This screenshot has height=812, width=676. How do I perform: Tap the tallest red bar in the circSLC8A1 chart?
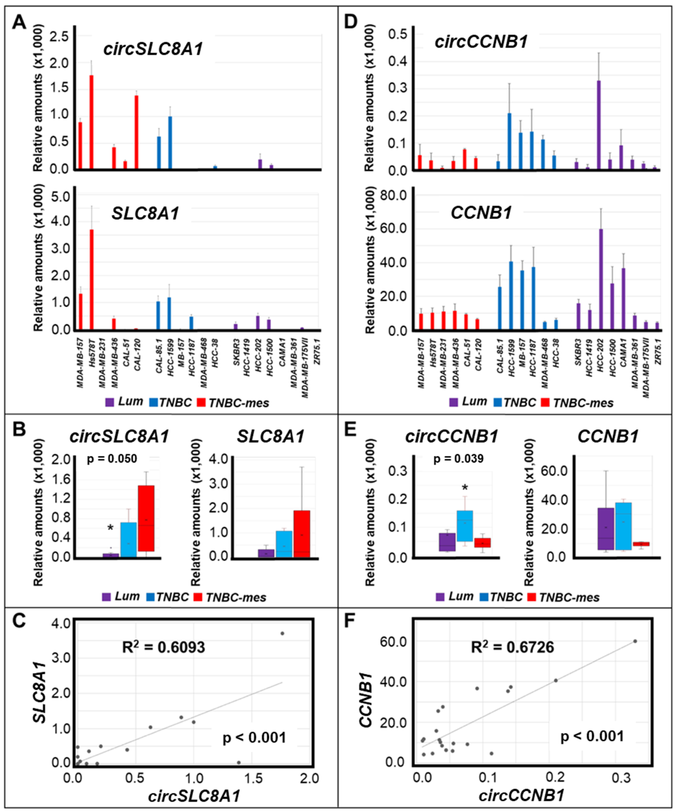pos(92,122)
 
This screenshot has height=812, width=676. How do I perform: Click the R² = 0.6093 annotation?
pos(163,647)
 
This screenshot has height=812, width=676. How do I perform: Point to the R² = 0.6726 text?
pos(512,647)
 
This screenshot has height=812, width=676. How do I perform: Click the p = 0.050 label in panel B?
pos(112,459)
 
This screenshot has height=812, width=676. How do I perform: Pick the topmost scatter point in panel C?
pos(282,633)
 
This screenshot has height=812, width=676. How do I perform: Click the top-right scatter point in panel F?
pos(635,641)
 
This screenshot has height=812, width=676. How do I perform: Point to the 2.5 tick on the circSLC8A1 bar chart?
pos(59,37)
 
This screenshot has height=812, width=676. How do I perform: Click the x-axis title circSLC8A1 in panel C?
pos(194,796)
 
